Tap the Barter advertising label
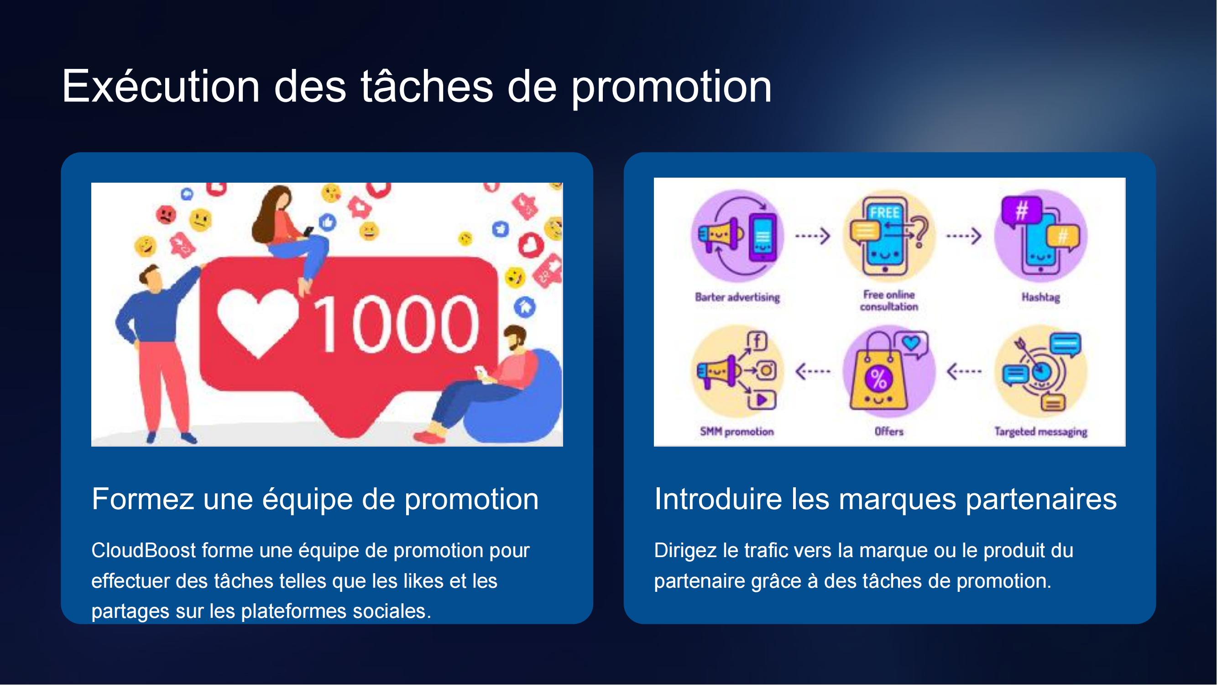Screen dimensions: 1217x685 pos(737,297)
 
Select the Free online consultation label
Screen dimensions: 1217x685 pos(889,300)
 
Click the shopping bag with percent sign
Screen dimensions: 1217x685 pos(878,374)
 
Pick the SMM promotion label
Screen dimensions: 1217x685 pos(737,432)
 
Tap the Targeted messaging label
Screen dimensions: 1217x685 pos(1041,432)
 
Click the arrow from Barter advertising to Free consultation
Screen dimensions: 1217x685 pos(813,236)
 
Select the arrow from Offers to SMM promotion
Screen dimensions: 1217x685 pos(813,372)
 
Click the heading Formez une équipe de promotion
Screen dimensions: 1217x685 pos(315,499)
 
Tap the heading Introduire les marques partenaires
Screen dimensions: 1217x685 pos(885,499)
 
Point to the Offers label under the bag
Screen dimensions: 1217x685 pos(889,432)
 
